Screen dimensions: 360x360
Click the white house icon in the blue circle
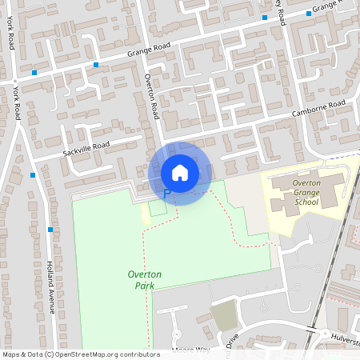[180, 172]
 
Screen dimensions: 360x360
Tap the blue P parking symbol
[166, 193]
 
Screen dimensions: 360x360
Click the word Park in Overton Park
[145, 286]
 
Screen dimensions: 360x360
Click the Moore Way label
[190, 349]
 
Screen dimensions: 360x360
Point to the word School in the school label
[306, 202]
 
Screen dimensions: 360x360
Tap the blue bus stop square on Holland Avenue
[50, 230]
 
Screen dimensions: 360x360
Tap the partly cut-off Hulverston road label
[345, 337]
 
